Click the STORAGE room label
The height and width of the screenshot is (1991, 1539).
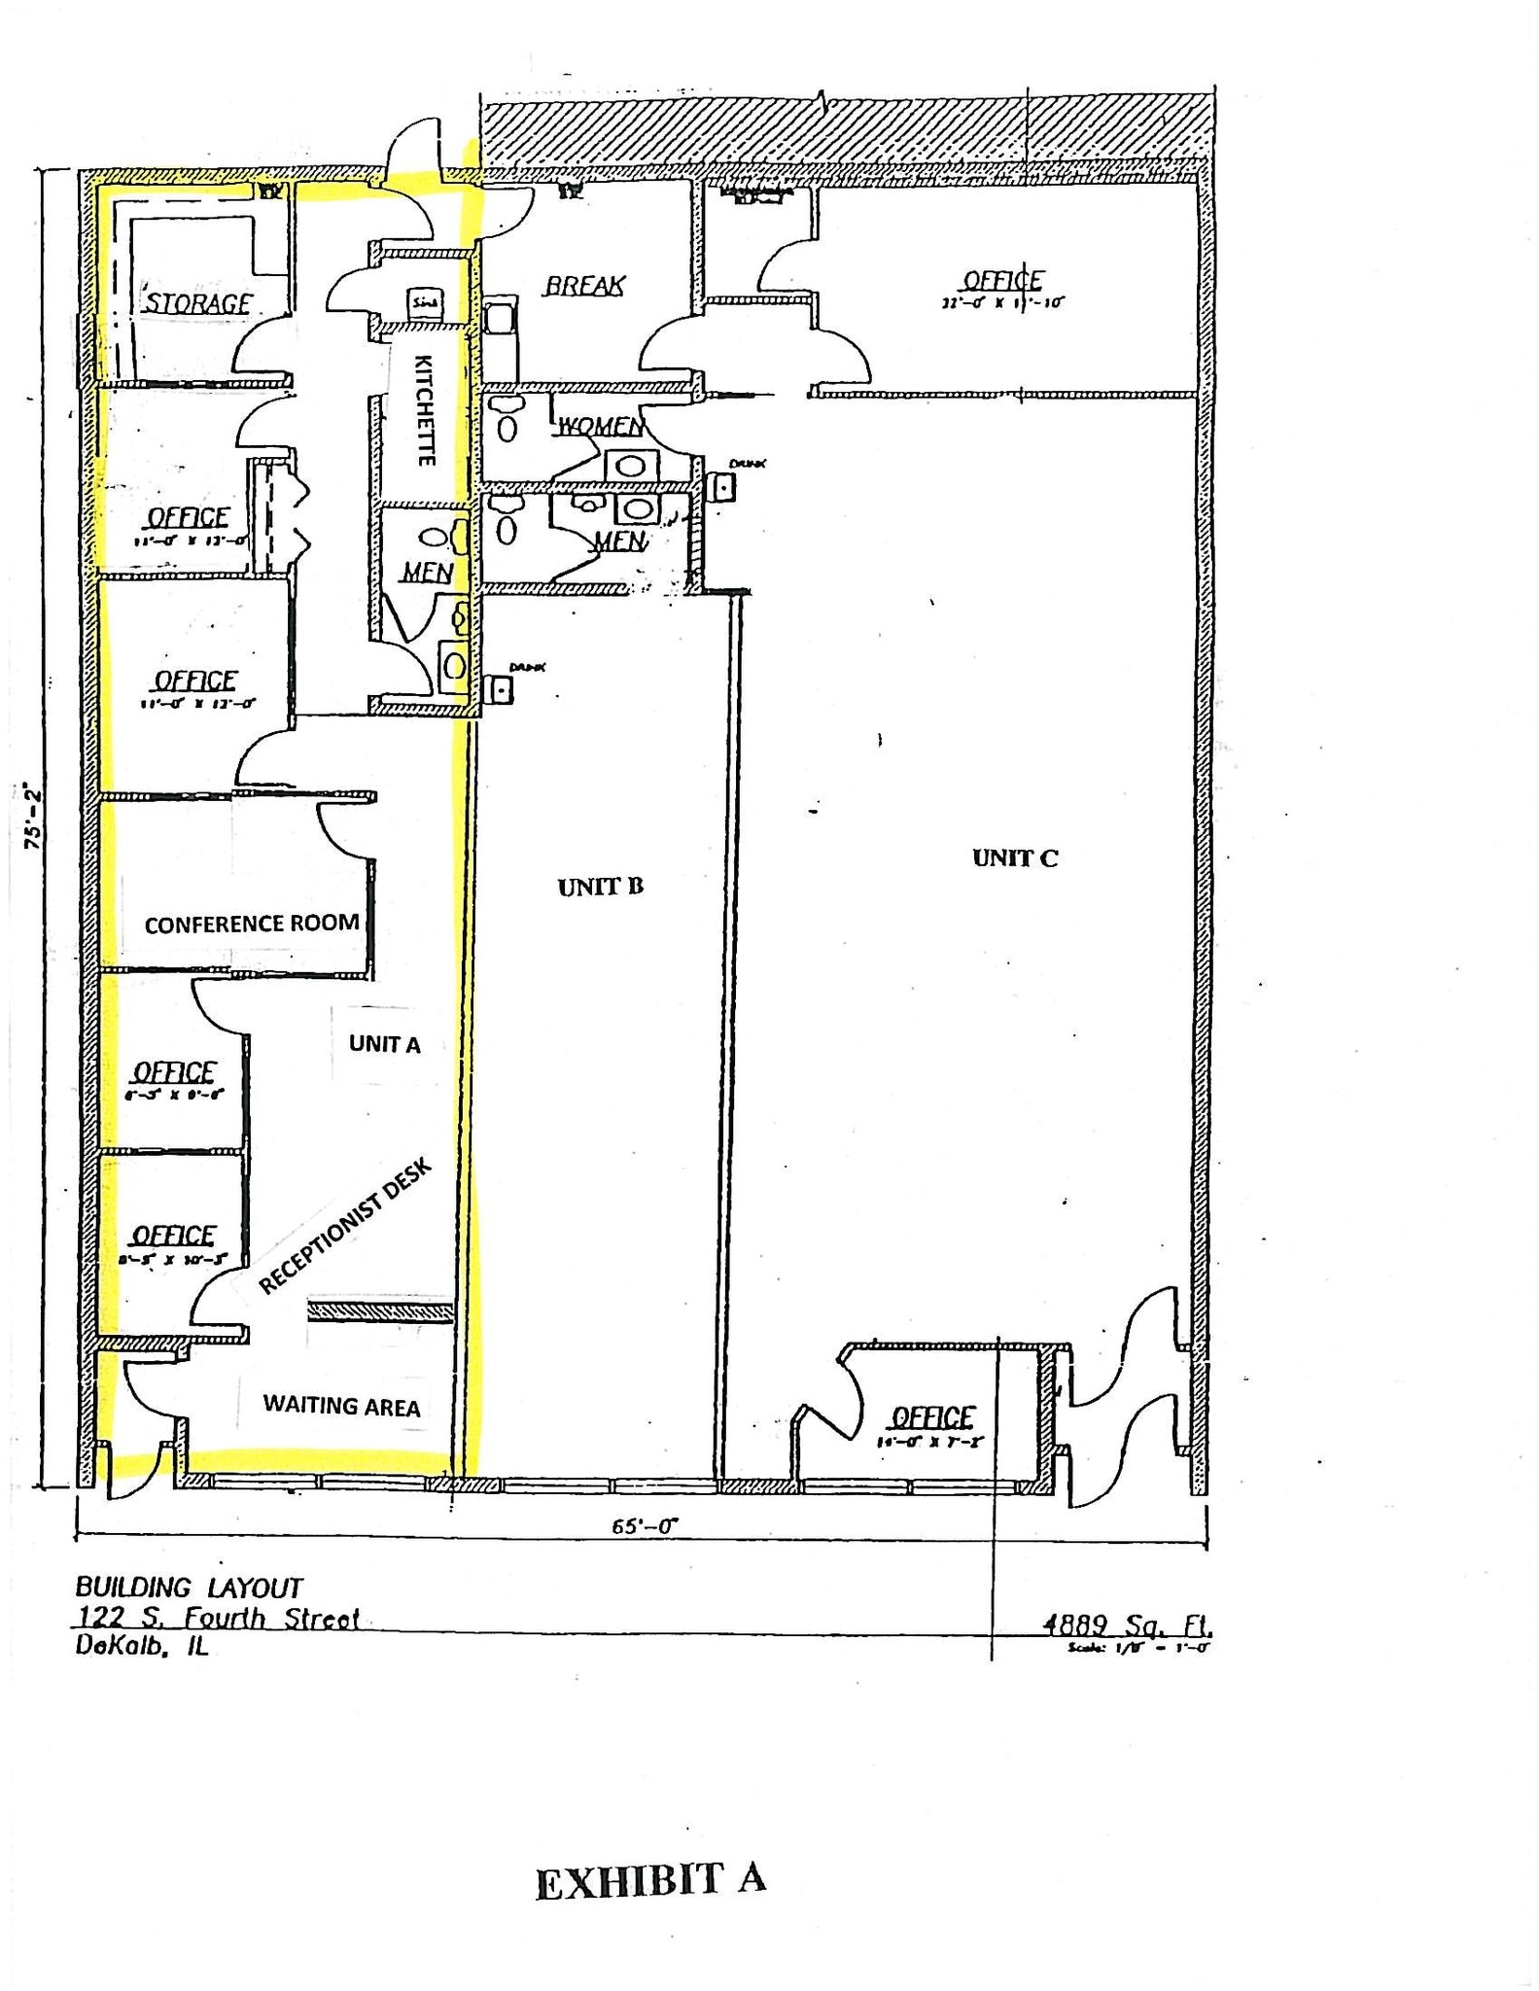point(198,303)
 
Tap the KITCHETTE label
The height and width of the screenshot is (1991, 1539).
point(425,410)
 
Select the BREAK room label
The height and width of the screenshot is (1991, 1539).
point(584,286)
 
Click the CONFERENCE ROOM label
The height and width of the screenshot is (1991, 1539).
point(252,924)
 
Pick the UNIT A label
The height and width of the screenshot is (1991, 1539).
point(385,1044)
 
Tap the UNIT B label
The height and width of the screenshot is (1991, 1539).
point(601,887)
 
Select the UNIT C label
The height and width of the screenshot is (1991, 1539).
point(1015,857)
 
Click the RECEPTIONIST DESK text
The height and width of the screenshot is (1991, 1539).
point(344,1227)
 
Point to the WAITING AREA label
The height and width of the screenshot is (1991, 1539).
point(341,1406)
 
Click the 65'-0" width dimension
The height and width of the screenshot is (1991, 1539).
point(644,1526)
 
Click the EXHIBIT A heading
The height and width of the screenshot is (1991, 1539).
point(650,1880)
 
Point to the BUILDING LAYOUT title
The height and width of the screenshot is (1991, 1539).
point(190,1588)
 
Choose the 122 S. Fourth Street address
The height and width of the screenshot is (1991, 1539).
point(218,1618)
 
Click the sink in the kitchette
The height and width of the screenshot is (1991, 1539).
point(425,302)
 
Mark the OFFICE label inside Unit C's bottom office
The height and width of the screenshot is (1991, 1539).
point(932,1416)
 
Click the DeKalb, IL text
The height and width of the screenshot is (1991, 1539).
point(142,1647)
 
